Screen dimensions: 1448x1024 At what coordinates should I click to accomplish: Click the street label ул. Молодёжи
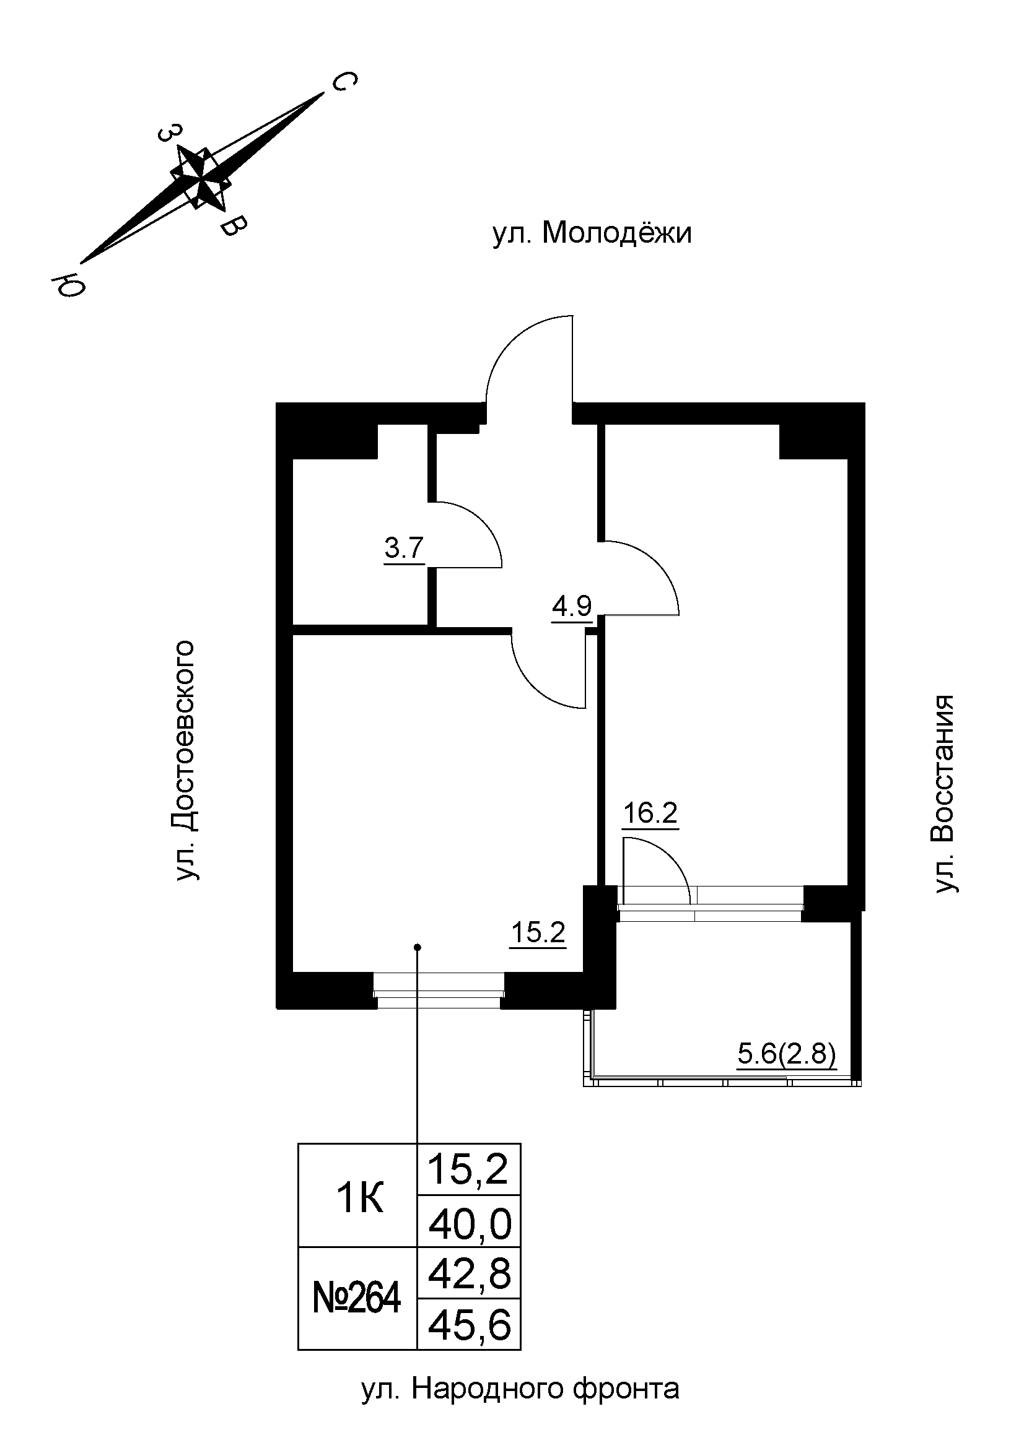pyautogui.click(x=591, y=233)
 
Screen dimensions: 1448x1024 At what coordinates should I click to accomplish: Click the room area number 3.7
pyautogui.click(x=404, y=548)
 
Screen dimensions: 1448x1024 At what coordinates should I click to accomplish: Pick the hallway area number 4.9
pyautogui.click(x=572, y=607)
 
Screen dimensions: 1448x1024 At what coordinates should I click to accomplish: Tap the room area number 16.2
pyautogui.click(x=650, y=813)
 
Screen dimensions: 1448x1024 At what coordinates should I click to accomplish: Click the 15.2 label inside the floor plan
pyautogui.click(x=538, y=933)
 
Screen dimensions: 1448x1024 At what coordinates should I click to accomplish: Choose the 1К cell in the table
pyautogui.click(x=360, y=1199)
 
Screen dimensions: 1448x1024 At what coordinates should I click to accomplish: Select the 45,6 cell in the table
pyautogui.click(x=470, y=1325)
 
